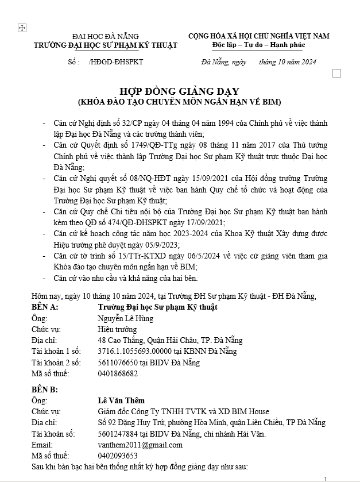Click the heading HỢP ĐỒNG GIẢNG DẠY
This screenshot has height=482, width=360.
pos(179,91)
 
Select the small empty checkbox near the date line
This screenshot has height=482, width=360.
pos(337,73)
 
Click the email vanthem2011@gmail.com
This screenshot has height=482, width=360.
pos(140,445)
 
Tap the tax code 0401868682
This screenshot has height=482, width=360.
pos(118,373)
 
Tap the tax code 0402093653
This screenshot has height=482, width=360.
pos(118,456)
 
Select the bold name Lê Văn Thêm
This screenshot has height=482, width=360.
pos(121,400)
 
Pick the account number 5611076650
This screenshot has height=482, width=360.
pos(118,363)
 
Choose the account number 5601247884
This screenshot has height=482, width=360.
pos(118,434)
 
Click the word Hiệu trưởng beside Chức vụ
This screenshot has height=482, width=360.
pos(118,329)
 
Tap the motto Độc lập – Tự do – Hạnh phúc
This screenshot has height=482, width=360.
pos(258,45)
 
